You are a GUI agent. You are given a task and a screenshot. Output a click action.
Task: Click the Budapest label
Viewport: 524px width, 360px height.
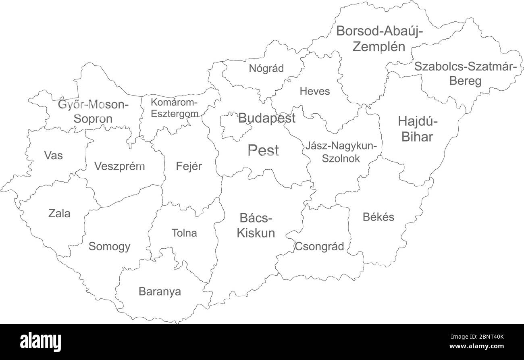(x=266, y=118)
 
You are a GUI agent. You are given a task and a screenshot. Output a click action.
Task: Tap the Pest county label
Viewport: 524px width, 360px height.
(x=263, y=150)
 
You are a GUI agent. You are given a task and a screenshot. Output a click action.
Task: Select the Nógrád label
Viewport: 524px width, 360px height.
(x=266, y=68)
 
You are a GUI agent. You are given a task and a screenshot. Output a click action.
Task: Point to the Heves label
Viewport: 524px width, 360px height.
(x=314, y=91)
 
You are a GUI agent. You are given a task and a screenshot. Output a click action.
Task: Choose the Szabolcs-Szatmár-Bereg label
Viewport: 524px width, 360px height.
(x=465, y=73)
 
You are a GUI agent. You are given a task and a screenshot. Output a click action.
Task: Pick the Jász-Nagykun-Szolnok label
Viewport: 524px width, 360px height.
(x=341, y=152)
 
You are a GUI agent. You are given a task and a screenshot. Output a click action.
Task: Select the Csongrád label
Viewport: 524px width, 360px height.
(x=320, y=246)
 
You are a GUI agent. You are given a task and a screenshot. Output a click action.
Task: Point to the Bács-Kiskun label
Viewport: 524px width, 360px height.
(x=256, y=226)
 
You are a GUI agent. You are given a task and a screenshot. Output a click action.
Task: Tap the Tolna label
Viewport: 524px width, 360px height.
(x=184, y=233)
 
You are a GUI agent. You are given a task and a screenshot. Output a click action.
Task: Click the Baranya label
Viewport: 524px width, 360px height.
(x=160, y=291)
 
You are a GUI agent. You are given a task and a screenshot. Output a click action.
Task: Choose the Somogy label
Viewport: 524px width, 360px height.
(x=109, y=246)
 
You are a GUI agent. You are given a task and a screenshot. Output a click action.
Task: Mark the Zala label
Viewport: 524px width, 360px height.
(x=59, y=213)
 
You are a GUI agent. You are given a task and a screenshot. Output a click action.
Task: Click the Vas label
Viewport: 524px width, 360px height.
(x=54, y=155)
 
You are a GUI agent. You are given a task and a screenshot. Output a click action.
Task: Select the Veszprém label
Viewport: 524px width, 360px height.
(x=119, y=166)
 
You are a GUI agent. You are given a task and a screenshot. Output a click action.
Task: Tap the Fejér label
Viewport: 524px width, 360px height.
(x=189, y=166)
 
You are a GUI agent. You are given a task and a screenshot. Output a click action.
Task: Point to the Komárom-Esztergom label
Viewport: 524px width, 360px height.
(x=174, y=107)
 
